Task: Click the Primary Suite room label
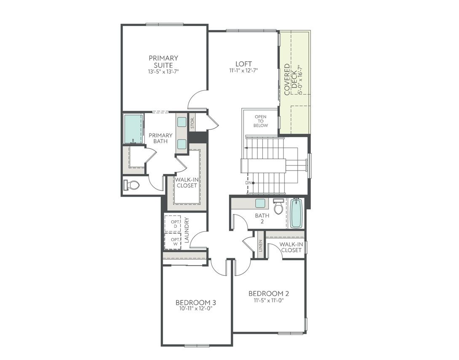tap(163, 61)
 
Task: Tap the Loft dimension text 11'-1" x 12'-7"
tap(244, 71)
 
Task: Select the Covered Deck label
tap(290, 79)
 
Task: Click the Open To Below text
tap(260, 121)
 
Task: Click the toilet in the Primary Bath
tap(133, 184)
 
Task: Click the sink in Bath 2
tap(260, 203)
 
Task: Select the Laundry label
tap(187, 230)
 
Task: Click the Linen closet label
tap(261, 245)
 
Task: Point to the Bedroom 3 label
tap(196, 302)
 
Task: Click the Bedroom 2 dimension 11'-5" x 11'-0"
tap(269, 301)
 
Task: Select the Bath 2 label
tap(262, 219)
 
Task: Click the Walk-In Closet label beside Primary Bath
tap(187, 182)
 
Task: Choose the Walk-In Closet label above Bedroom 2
tap(291, 247)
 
